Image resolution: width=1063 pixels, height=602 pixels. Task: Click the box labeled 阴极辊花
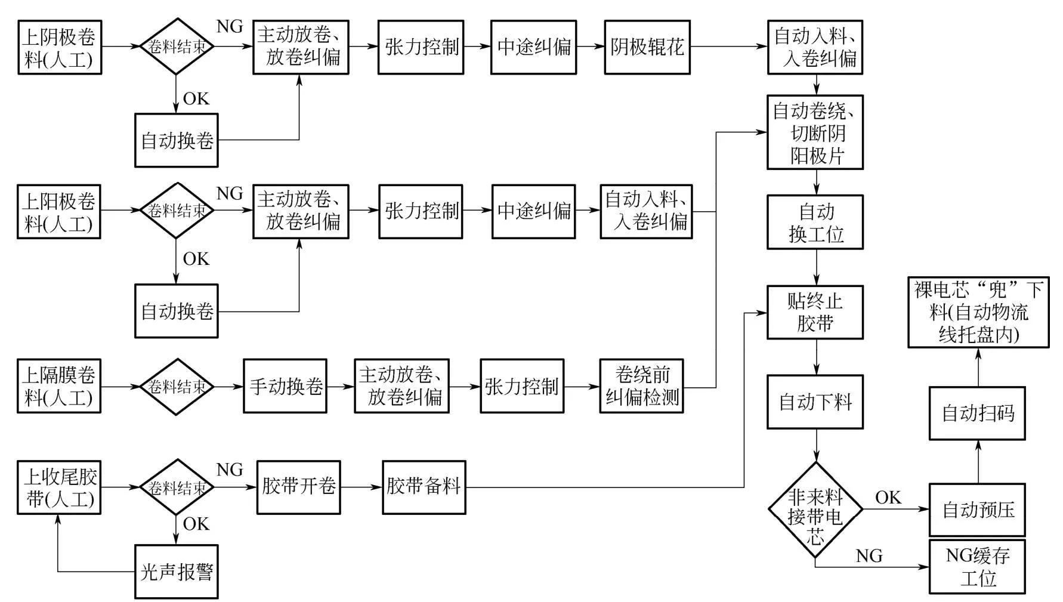click(647, 47)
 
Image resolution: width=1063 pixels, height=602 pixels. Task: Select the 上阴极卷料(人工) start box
click(60, 47)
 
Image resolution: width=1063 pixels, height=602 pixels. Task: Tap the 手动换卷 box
click(285, 386)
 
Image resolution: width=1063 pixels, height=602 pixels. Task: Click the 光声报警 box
click(177, 572)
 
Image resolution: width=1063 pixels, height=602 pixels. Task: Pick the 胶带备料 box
click(424, 487)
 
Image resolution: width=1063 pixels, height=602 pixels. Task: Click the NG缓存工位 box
click(977, 567)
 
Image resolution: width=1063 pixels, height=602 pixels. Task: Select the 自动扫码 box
click(977, 413)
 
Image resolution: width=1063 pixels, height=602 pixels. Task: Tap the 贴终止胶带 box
click(815, 312)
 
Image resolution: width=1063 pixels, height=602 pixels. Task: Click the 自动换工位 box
click(815, 222)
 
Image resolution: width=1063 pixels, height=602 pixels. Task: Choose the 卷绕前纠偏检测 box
click(641, 386)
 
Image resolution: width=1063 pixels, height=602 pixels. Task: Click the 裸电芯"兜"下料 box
click(978, 312)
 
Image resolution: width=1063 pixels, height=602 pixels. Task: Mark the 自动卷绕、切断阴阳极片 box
click(815, 132)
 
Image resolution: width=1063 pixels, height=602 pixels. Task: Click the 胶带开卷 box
click(298, 487)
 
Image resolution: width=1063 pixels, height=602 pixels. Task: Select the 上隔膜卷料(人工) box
click(59, 386)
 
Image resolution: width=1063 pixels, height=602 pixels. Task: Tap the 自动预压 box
click(977, 510)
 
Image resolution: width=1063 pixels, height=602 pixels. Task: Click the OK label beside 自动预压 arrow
click(888, 497)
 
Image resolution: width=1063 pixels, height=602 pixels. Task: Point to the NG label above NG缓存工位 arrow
click(869, 555)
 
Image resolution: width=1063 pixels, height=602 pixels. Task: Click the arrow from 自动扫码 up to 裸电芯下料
click(978, 367)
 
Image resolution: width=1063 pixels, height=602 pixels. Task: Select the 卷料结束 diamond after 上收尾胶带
click(177, 487)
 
